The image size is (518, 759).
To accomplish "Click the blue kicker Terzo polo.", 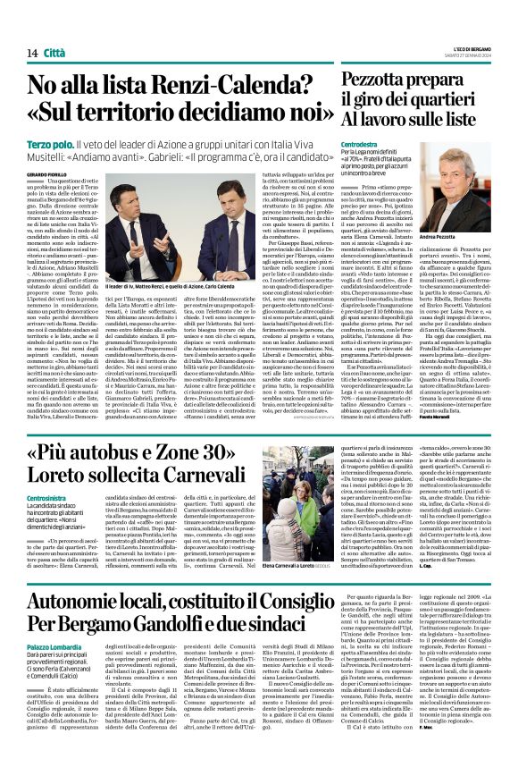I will pos(74,143).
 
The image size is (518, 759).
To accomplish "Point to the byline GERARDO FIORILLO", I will pos(71,173).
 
